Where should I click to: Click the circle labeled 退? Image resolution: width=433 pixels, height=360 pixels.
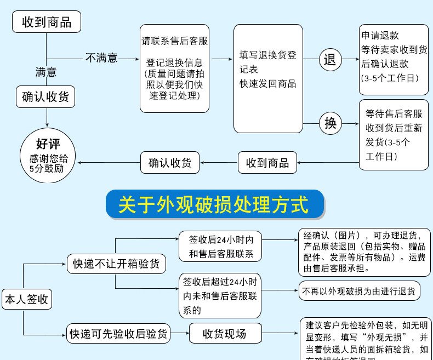[x=330, y=59]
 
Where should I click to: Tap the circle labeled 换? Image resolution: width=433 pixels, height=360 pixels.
[x=330, y=123]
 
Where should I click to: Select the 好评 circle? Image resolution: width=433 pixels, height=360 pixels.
[x=48, y=156]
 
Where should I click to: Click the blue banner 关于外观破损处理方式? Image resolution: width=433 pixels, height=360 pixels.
[x=214, y=204]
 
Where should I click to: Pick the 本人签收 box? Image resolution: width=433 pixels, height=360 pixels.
[x=27, y=300]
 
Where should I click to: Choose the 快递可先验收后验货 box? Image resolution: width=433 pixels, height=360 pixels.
[x=117, y=333]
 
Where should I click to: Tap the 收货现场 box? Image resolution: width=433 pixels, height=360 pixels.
[x=225, y=333]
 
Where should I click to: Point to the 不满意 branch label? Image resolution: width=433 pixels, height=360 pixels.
[x=101, y=58]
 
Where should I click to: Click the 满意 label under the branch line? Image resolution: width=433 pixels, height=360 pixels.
[x=46, y=72]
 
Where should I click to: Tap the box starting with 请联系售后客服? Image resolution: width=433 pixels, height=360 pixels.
[x=174, y=68]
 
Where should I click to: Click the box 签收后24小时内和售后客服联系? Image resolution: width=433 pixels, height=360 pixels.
[x=220, y=247]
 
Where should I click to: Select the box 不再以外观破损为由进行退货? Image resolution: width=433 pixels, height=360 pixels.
[x=359, y=291]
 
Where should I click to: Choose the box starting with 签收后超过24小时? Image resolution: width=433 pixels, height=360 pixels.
[x=220, y=296]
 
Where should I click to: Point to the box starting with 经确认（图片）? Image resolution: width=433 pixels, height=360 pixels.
[x=364, y=252]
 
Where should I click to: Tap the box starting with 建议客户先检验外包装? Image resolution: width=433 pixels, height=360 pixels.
[x=366, y=340]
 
